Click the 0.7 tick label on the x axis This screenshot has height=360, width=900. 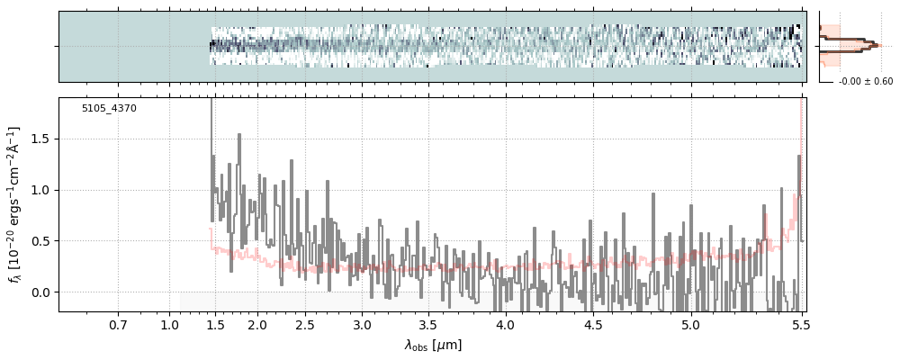118,324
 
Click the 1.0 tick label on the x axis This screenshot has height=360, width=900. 170,324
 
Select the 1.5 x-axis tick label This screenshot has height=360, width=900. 214,324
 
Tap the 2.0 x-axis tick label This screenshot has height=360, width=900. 257,324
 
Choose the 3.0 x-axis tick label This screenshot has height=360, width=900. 362,324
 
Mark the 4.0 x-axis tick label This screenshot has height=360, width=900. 505,324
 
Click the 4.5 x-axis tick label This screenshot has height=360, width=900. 593,324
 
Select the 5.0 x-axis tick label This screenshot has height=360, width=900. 690,324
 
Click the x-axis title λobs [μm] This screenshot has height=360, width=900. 432,345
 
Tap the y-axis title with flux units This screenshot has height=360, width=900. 15,204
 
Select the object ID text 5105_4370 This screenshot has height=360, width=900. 109,108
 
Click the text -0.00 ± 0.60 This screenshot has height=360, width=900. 865,82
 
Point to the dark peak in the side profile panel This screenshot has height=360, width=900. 871,43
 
